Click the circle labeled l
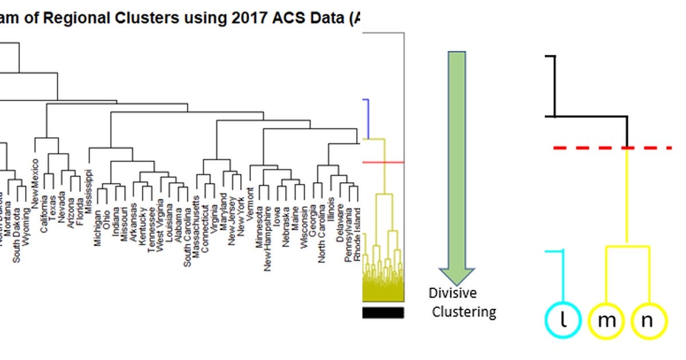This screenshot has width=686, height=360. (563, 321)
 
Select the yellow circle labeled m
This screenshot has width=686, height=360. (606, 321)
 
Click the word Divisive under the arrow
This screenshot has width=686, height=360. (453, 293)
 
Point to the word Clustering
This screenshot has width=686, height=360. (464, 312)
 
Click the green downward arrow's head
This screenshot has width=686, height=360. (456, 275)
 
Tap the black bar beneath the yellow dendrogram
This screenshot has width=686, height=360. (383, 313)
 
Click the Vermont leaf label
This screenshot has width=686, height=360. (250, 200)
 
